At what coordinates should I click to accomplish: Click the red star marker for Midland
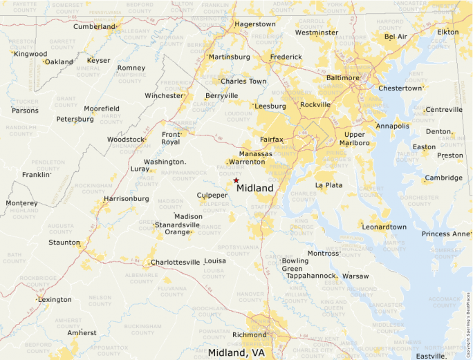tap(236, 180)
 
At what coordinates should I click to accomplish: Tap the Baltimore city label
tap(342, 77)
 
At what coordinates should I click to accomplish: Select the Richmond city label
tap(249, 335)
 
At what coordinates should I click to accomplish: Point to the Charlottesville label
tap(176, 263)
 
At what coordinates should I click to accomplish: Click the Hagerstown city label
tap(254, 24)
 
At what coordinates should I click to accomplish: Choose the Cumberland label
tap(94, 27)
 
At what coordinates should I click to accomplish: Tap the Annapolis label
tap(392, 126)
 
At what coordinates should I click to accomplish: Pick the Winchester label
tap(164, 96)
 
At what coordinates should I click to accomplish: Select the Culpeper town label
tap(212, 196)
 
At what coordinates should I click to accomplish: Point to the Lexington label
tap(55, 300)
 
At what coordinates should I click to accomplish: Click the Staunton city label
tap(64, 243)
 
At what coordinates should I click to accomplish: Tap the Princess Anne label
tap(445, 234)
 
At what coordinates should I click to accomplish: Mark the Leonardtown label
tap(384, 227)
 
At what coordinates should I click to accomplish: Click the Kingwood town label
tap(30, 54)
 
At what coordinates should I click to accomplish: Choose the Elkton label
tap(447, 32)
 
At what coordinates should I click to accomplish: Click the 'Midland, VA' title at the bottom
tap(236, 353)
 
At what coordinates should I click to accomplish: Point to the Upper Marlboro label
tap(354, 139)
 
